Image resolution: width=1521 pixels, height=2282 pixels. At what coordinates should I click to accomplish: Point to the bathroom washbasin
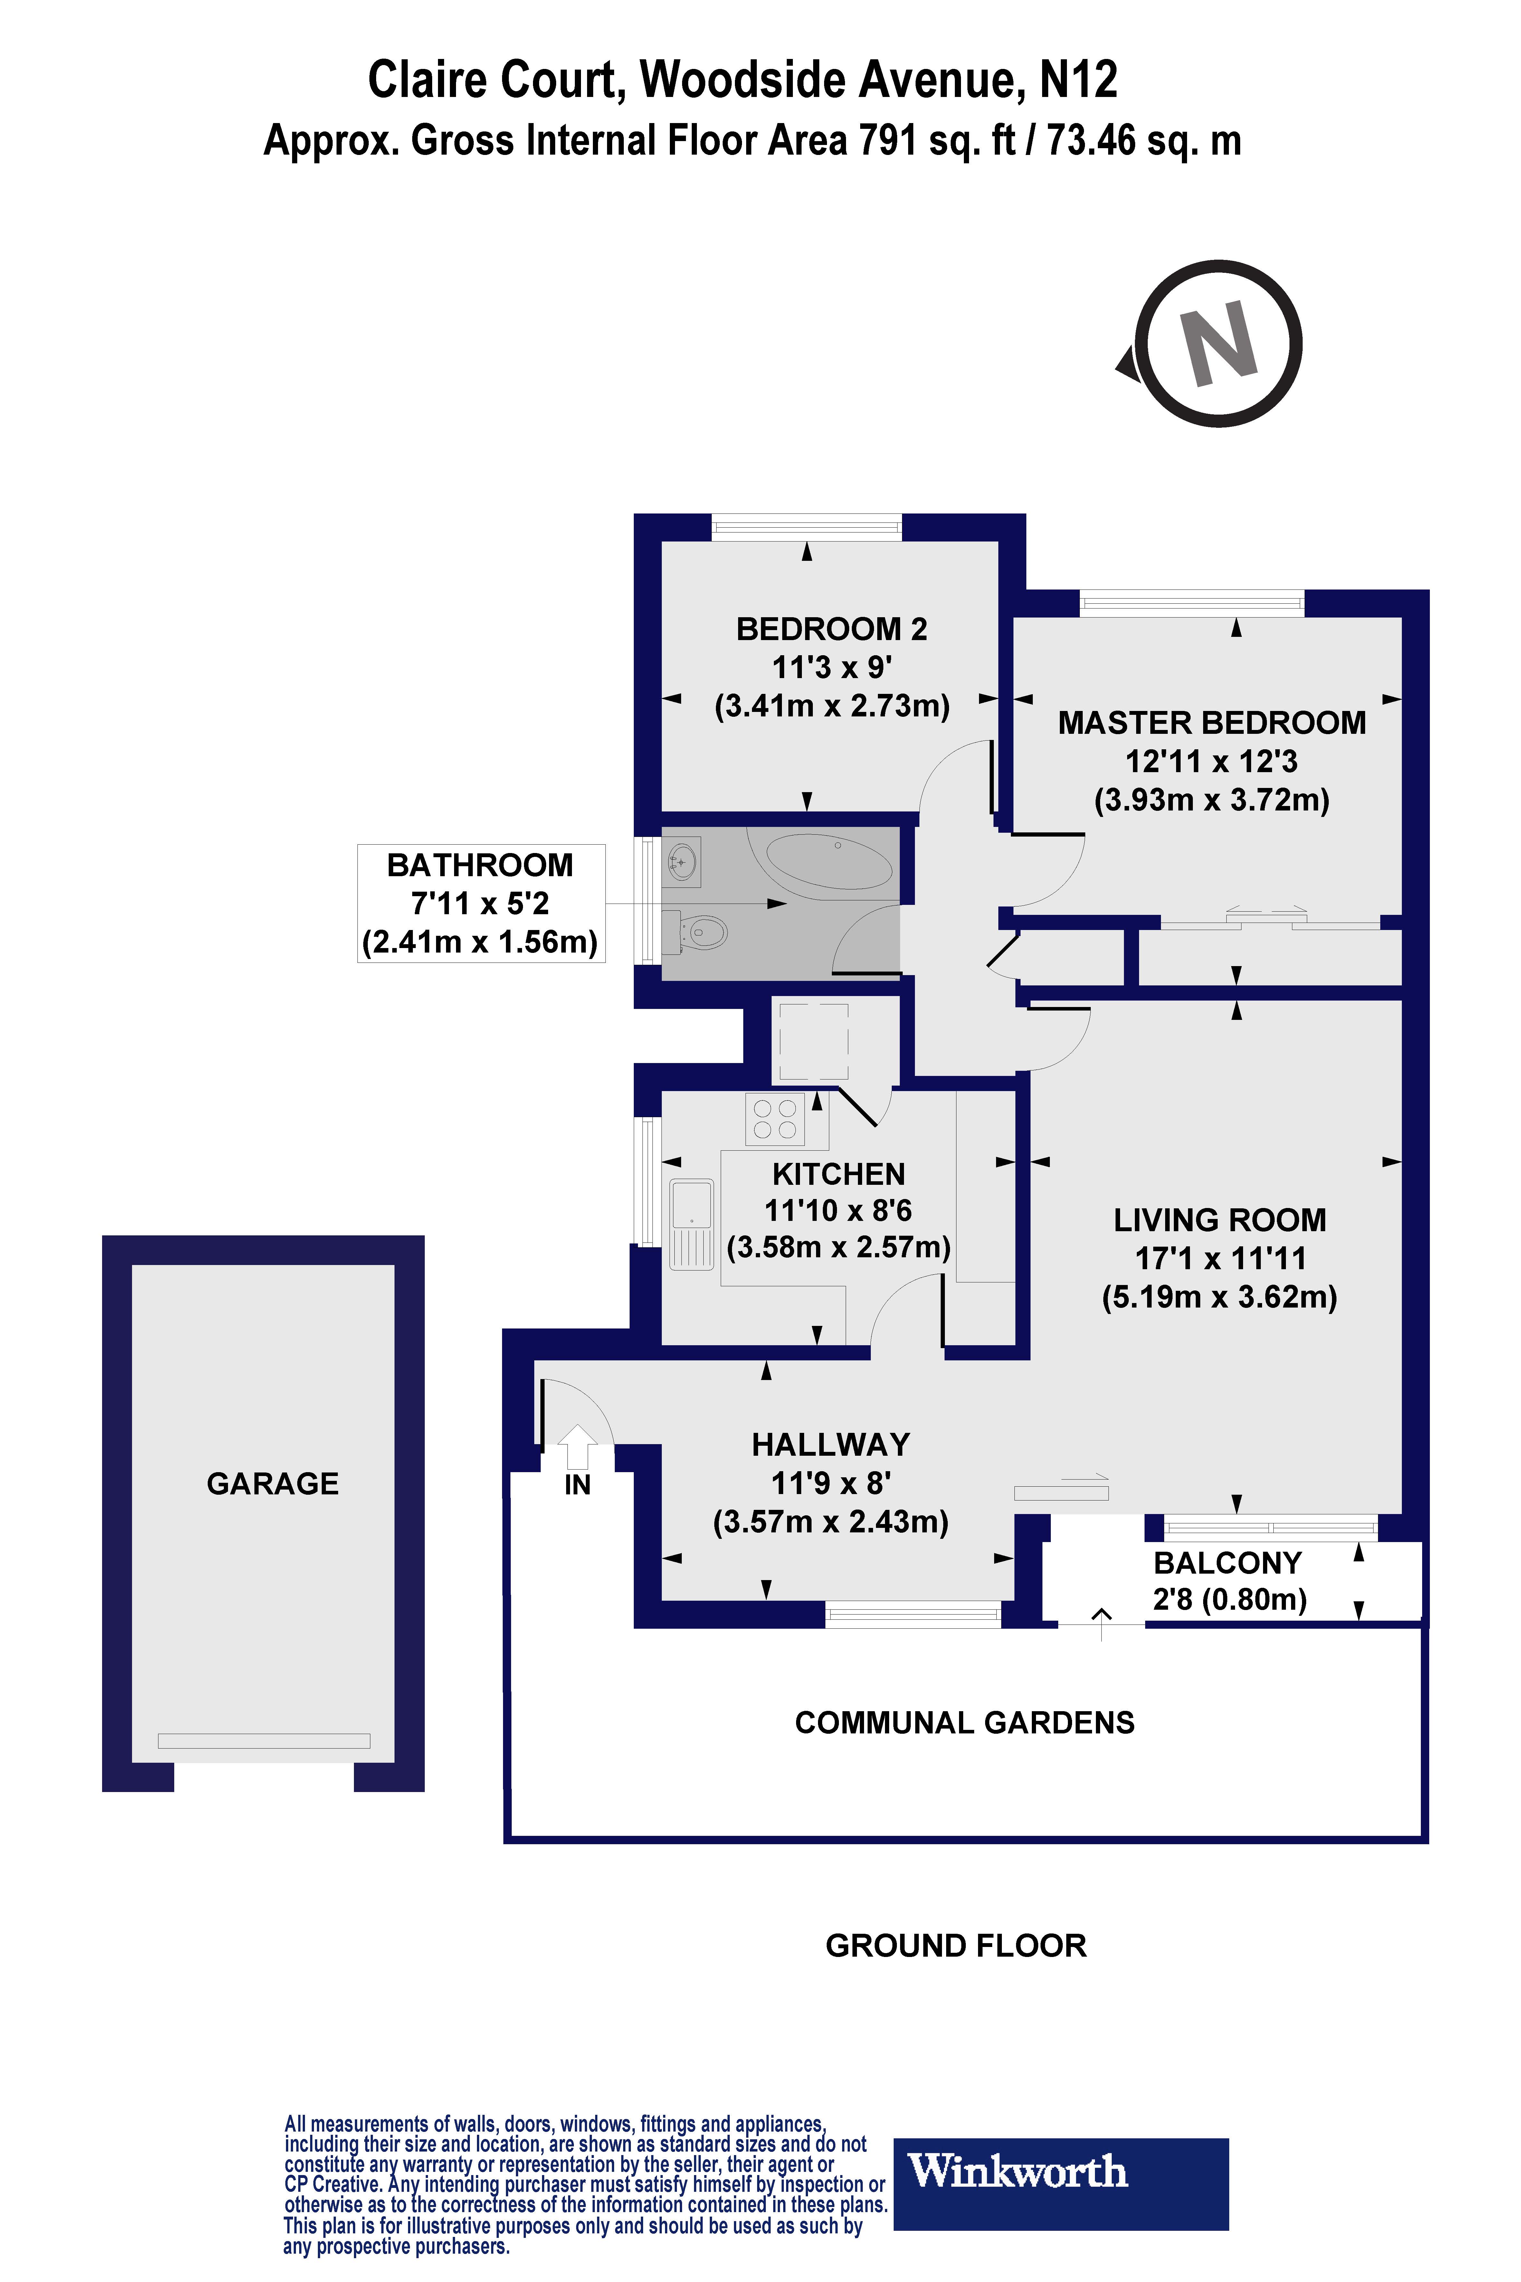[682, 861]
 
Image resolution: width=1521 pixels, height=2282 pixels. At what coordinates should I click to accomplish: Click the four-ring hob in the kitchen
[774, 1119]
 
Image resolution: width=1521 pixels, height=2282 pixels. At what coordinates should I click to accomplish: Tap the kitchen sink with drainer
[692, 1224]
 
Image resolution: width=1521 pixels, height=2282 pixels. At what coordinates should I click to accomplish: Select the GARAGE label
[272, 1483]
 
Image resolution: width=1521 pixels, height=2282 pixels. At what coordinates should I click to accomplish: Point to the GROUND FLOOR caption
[955, 1945]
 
